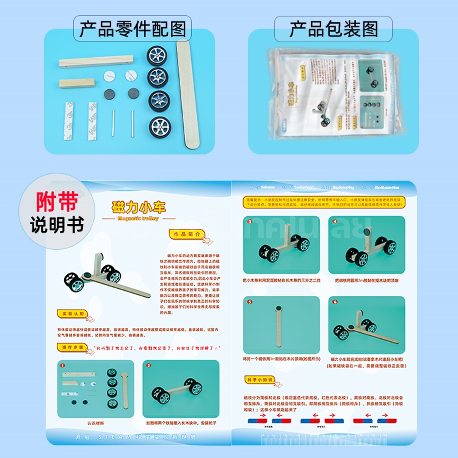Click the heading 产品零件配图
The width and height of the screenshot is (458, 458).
point(132,29)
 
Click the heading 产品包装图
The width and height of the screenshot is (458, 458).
point(333,29)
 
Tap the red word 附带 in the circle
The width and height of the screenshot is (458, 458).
point(57,202)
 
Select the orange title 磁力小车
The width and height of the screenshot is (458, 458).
point(138,207)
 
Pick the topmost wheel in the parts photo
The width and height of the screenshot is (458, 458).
point(157,56)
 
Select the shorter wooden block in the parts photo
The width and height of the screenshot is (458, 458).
point(77,83)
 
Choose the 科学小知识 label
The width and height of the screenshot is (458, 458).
point(259,380)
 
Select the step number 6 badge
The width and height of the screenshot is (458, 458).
point(335,301)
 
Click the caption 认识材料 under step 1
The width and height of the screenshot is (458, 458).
point(96,423)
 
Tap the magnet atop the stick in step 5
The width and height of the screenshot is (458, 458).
point(278,309)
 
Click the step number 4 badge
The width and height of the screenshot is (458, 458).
point(335,221)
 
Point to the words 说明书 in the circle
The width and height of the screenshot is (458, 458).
point(57,226)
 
